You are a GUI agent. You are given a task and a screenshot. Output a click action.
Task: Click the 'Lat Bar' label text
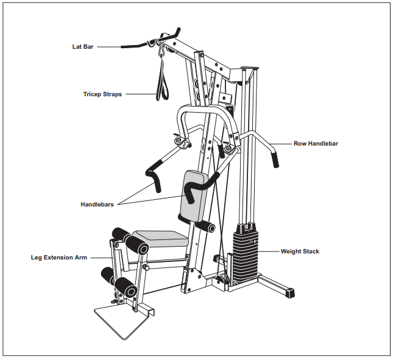(80, 46)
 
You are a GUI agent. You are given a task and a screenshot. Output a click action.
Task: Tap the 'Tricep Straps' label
(102, 94)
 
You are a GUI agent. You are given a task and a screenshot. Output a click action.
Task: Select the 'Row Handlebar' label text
(316, 144)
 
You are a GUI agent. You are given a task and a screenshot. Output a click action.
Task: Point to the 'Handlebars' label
(97, 205)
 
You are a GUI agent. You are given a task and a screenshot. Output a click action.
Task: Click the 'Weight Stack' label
(300, 251)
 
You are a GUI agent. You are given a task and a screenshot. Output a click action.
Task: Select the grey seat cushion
(160, 238)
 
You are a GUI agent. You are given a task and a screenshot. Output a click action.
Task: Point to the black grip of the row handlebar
(275, 160)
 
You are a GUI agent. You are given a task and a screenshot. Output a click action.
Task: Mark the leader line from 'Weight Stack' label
(269, 251)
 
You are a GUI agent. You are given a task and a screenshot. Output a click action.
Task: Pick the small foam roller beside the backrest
(205, 227)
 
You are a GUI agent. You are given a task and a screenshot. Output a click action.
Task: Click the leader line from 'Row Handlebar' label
(281, 144)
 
